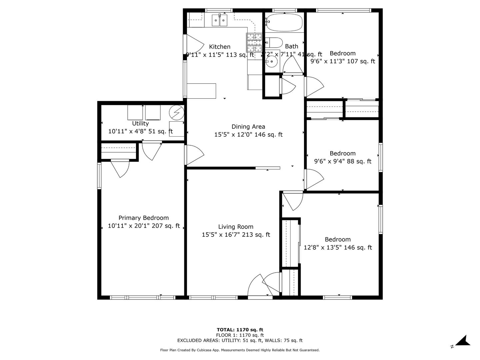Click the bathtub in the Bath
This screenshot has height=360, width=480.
coord(284,22)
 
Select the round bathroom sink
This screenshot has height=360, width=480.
coord(272,61)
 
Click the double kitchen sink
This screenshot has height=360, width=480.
coord(220,21)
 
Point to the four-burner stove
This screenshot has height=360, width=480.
coord(254,42)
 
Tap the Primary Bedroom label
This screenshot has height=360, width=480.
coord(144,218)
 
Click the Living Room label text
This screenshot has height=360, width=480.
coord(236,227)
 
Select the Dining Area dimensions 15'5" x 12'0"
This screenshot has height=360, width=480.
coord(248,135)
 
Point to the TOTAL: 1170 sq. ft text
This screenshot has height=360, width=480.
coord(240,330)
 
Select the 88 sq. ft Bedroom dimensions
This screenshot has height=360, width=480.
coord(343,161)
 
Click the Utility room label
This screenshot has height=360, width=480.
coord(140,124)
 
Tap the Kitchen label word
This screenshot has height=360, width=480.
coord(220,47)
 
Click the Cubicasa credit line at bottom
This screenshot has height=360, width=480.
coord(240,350)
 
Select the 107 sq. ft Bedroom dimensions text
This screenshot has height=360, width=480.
coord(343,61)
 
